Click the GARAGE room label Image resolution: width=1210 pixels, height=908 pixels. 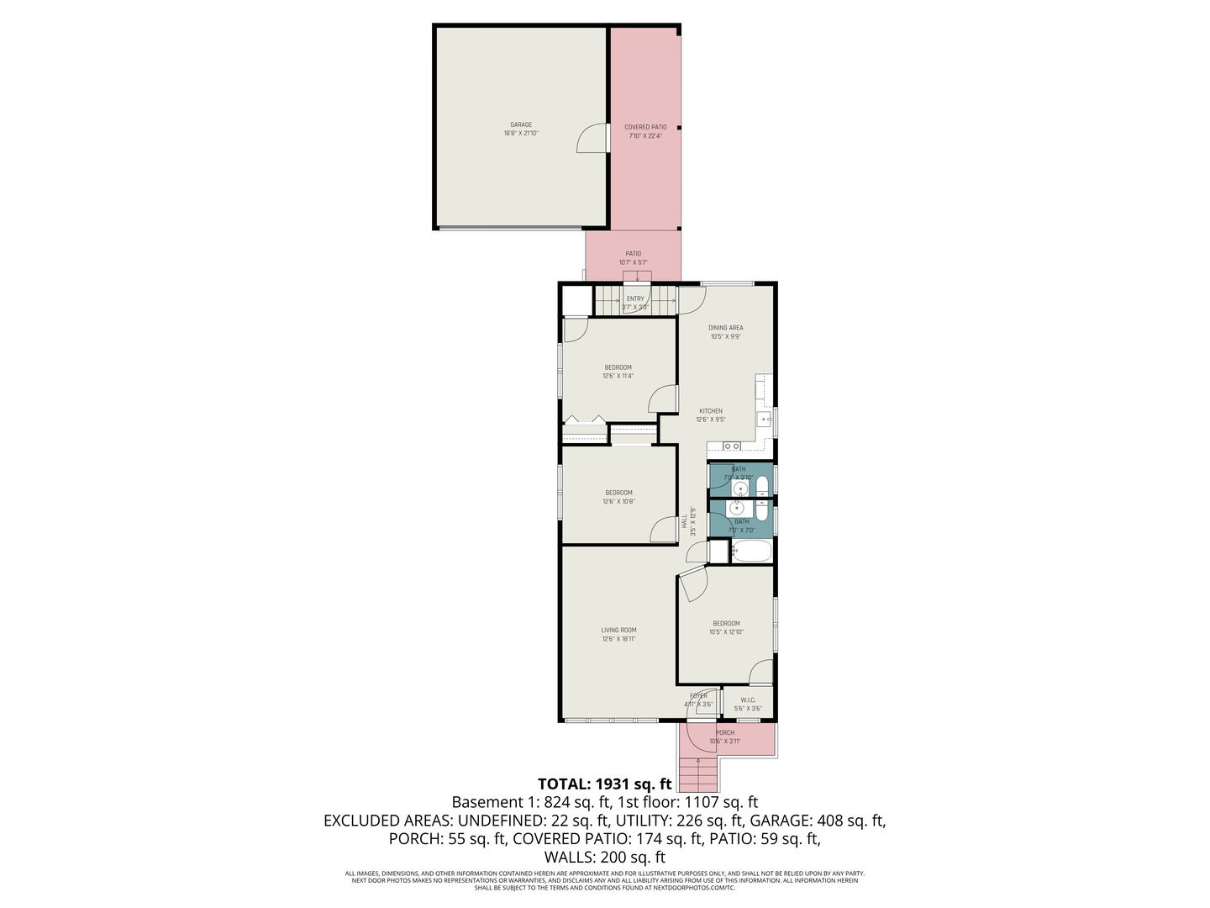point(520,125)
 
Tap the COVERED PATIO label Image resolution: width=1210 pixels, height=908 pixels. point(645,128)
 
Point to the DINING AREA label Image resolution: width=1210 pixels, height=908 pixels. point(725,328)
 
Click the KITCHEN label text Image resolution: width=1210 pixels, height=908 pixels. point(710,411)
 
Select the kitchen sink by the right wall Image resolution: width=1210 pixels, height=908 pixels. point(765,418)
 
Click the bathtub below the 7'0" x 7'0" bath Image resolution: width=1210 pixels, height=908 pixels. point(751,552)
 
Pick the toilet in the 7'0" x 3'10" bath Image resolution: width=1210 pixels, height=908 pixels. point(761,487)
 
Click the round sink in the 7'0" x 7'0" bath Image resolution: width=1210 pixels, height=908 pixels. point(737,508)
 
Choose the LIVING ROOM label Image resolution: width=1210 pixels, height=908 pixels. point(618,630)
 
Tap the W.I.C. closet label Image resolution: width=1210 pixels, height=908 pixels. point(747,700)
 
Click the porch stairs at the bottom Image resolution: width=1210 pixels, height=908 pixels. point(697,774)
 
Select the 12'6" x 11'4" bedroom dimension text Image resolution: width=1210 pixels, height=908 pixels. point(618,377)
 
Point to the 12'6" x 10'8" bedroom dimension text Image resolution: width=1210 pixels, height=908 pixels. point(618,502)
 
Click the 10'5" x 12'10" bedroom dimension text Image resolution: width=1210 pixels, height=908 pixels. point(726,632)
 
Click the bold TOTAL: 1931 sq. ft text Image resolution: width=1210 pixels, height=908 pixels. point(604,784)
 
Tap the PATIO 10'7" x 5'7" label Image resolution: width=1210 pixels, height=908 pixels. point(633,257)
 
